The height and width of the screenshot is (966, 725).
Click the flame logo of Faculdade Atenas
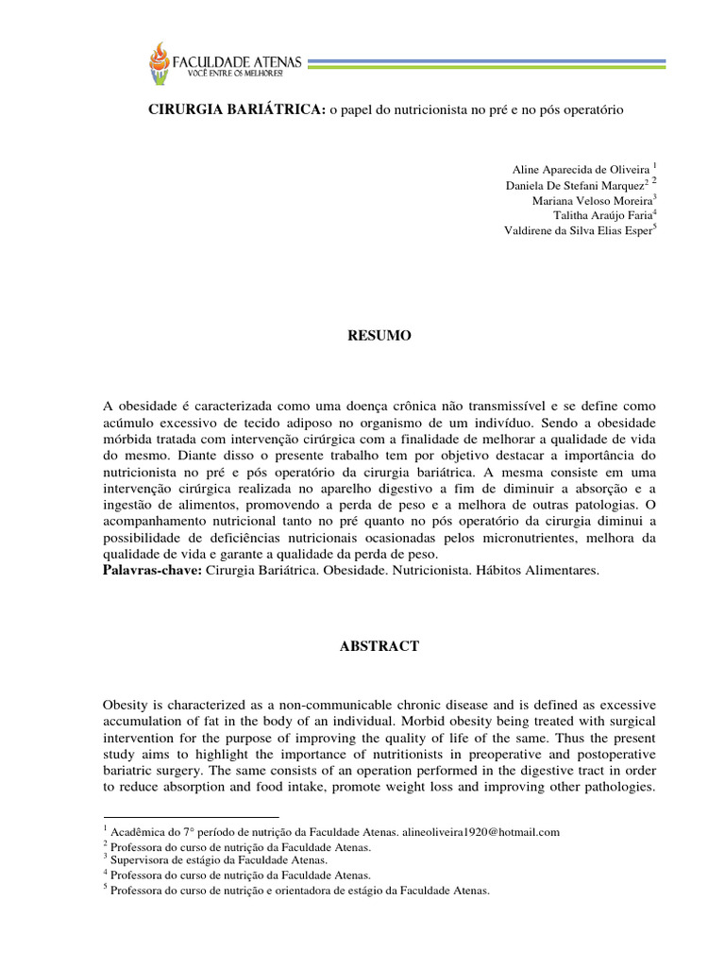160,63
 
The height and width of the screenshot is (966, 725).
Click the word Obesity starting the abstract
126,706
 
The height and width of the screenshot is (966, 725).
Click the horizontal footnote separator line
191,818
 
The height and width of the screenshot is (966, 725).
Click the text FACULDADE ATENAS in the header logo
237,60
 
